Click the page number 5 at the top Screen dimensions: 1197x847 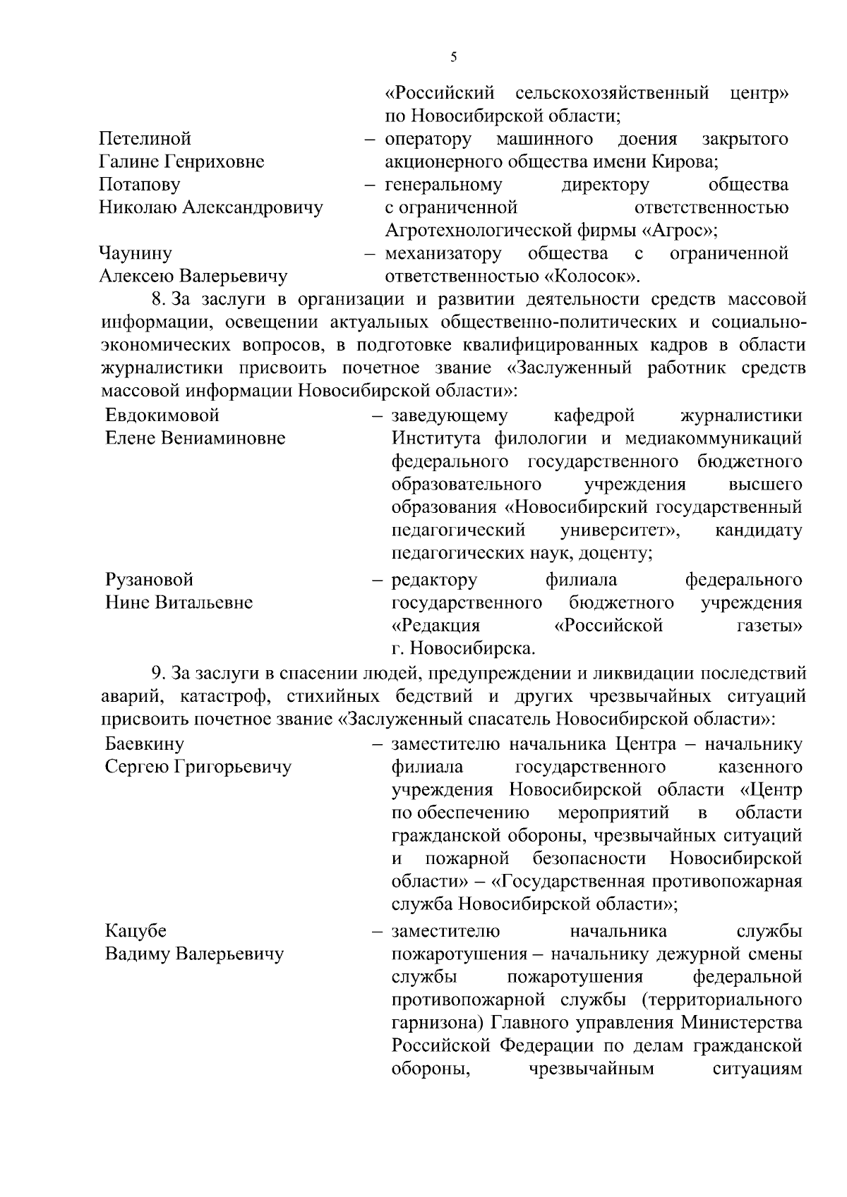(453, 58)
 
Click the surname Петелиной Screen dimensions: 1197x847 (145, 139)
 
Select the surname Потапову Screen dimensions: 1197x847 (140, 185)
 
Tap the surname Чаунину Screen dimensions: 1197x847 (136, 253)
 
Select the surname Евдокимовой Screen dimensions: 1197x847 (162, 415)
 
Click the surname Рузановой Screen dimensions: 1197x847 (149, 580)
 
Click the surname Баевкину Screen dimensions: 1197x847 (145, 743)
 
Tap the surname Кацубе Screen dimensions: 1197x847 (136, 931)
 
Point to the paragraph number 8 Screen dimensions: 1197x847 (158, 299)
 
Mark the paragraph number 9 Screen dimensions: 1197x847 (158, 673)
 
